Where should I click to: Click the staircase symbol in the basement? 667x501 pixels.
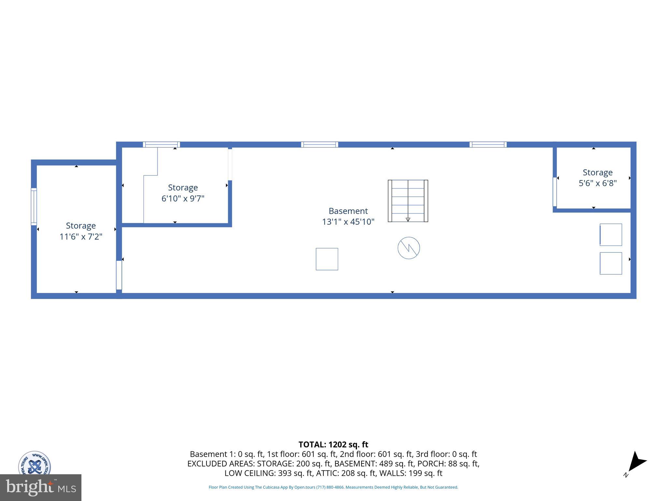pyautogui.click(x=408, y=201)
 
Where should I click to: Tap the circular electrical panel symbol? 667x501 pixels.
pyautogui.click(x=409, y=248)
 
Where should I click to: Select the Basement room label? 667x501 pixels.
pyautogui.click(x=348, y=211)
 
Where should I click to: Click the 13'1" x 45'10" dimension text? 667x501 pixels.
pyautogui.click(x=348, y=222)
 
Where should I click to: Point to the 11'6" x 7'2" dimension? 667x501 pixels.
pyautogui.click(x=81, y=236)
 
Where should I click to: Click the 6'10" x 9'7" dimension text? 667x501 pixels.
pyautogui.click(x=183, y=198)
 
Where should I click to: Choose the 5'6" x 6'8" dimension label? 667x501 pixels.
pyautogui.click(x=598, y=183)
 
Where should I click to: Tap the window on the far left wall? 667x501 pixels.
pyautogui.click(x=34, y=206)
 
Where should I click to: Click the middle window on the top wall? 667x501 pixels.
pyautogui.click(x=319, y=144)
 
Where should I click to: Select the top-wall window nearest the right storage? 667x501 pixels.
pyautogui.click(x=488, y=144)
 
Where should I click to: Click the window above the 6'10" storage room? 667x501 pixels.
pyautogui.click(x=162, y=144)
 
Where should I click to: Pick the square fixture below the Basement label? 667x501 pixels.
pyautogui.click(x=327, y=259)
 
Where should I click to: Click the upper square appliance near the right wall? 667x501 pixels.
pyautogui.click(x=611, y=235)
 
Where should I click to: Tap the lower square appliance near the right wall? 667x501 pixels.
pyautogui.click(x=611, y=263)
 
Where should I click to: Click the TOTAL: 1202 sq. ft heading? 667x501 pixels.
pyautogui.click(x=333, y=445)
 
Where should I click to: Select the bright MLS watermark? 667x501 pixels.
pyautogui.click(x=41, y=488)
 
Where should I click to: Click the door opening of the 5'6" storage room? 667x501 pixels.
pyautogui.click(x=555, y=192)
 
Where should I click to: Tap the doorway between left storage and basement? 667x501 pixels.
pyautogui.click(x=119, y=275)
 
